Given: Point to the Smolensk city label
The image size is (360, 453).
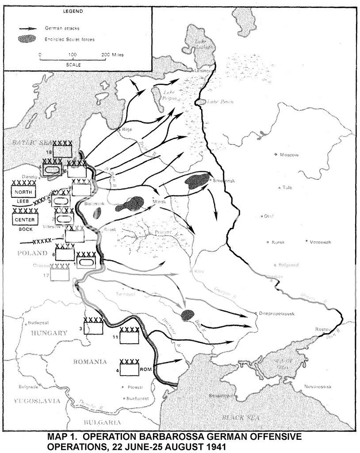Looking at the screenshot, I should pos(222,181).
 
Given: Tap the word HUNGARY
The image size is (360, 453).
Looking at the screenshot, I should pos(46,333).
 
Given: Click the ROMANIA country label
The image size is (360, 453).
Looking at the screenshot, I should pos(90,361).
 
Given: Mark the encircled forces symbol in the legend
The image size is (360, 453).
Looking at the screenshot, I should pos(28,39).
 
